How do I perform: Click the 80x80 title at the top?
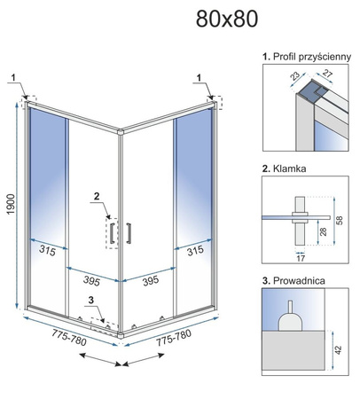227,19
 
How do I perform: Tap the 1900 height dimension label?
11,205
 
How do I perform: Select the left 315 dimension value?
47,251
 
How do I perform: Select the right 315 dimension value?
195,251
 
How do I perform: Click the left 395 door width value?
91,280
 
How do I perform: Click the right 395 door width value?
151,280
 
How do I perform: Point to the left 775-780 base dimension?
69,338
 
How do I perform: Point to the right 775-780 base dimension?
174,338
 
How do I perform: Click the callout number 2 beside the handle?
97,196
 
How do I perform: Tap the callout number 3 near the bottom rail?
90,301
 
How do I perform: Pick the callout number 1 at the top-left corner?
13,78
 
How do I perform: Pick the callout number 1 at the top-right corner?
199,78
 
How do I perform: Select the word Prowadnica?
299,280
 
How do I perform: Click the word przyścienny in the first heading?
325,57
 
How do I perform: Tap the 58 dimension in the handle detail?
340,220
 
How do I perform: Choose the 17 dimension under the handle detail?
301,258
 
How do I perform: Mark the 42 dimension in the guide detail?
339,350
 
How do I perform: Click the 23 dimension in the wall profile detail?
295,76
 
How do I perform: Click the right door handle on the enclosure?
129,233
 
